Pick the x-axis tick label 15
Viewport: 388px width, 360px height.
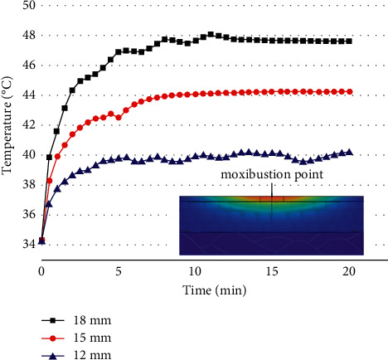(271, 271)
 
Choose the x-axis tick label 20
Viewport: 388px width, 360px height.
(348, 271)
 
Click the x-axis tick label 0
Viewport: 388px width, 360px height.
(41, 271)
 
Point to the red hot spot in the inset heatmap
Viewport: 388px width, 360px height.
(271, 199)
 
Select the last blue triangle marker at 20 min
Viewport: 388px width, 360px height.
(348, 152)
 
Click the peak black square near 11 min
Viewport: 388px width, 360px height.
(211, 35)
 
